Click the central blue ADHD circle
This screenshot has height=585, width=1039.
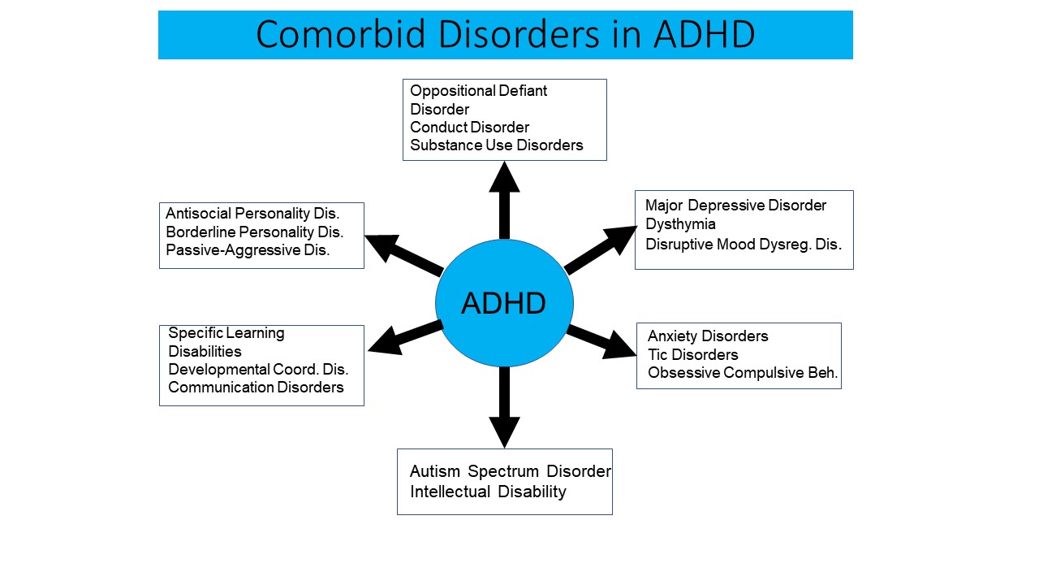coord(504,303)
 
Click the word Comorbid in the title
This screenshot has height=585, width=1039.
coord(340,34)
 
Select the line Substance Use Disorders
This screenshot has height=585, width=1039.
coord(496,145)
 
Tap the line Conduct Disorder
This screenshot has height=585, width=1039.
coord(469,128)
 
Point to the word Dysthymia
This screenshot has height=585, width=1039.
coord(680,225)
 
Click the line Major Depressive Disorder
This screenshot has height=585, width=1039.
coord(735,206)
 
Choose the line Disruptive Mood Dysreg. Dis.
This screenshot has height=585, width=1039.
coord(743,245)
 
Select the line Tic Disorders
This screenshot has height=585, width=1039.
coord(693,355)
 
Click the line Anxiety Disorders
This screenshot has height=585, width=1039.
coord(708,336)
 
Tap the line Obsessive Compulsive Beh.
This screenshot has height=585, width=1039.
coord(743,373)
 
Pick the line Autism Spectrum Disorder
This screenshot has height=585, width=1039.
coord(511,472)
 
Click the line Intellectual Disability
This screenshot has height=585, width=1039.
coord(488,492)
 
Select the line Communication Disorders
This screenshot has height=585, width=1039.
coord(256,388)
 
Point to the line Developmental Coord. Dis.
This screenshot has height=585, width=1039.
coord(258,370)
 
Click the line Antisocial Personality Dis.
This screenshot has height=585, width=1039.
coord(252,214)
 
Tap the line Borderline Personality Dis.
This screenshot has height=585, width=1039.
coord(254,232)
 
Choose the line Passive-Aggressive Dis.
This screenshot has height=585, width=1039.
coord(248,250)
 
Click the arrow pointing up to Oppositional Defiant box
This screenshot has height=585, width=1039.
coord(504,201)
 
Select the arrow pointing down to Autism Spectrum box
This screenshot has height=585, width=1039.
coord(504,407)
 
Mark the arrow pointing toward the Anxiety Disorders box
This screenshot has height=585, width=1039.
coord(601,342)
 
